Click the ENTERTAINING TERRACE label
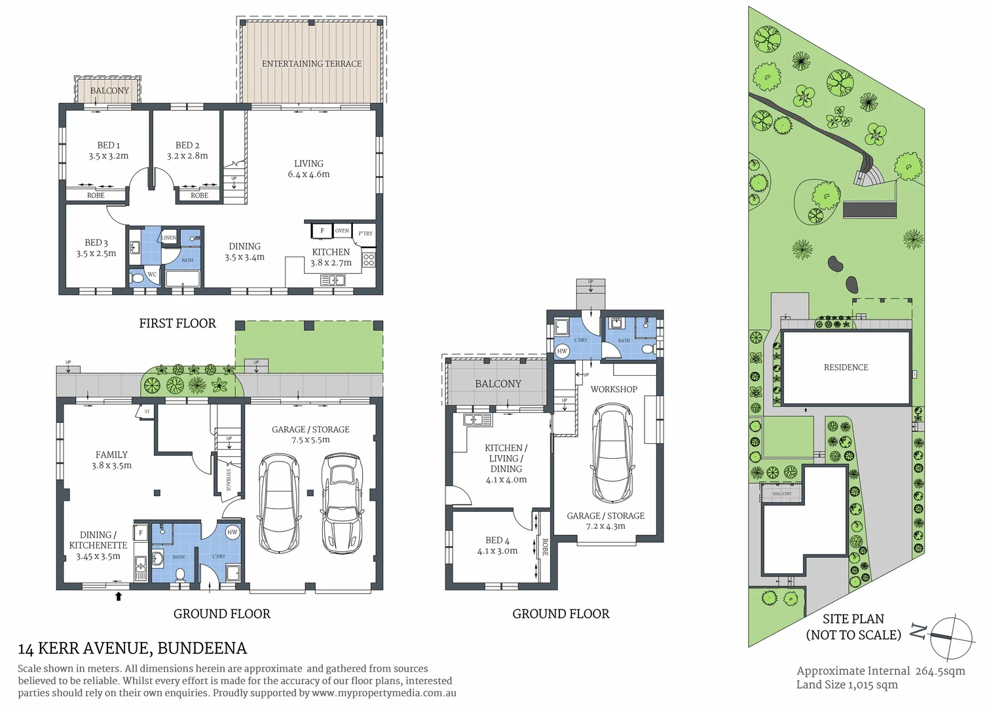[311, 63]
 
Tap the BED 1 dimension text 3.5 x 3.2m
[109, 156]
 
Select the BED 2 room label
[187, 145]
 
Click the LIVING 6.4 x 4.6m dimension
[309, 174]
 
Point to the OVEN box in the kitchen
[342, 231]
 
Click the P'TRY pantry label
[365, 233]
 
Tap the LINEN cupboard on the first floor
[169, 238]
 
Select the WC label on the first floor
[152, 275]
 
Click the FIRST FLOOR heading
[177, 323]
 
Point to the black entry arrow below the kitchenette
[119, 596]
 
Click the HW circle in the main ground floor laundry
[233, 532]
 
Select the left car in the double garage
[280, 503]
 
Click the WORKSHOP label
[614, 390]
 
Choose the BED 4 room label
[497, 540]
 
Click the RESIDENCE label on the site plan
[846, 367]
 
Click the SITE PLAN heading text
[853, 619]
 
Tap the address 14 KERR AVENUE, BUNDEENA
[132, 649]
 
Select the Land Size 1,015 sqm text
[846, 685]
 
